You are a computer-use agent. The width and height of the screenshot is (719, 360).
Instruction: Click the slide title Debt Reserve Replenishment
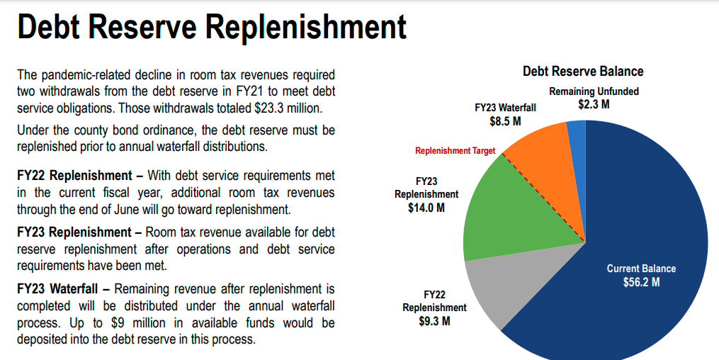pos(211,28)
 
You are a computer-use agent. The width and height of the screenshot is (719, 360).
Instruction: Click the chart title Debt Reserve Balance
pos(582,72)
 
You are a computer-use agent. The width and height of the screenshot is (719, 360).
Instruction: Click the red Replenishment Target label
pos(455,151)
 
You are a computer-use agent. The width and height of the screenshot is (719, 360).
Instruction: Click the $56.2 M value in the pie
pos(641,282)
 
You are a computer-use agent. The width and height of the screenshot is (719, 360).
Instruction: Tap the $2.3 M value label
pos(593,104)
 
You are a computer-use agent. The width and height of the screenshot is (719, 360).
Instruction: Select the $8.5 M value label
pos(505,121)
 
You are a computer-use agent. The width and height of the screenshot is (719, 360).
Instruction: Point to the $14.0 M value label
pos(426,208)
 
